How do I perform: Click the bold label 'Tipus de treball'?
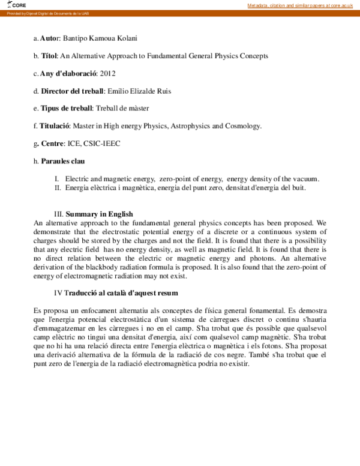(x=66, y=108)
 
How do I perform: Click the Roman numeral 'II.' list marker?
(x=58, y=188)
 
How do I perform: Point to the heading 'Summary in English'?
(x=99, y=214)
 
